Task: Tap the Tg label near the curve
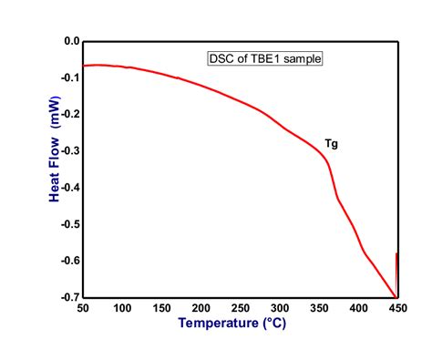[x=332, y=143]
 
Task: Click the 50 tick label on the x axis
[x=83, y=308]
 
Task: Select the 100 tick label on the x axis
[x=122, y=308]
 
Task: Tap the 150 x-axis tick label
[x=161, y=308]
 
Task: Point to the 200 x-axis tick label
[x=201, y=308]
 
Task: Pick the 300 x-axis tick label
[x=279, y=308]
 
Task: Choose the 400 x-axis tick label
[x=357, y=308]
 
